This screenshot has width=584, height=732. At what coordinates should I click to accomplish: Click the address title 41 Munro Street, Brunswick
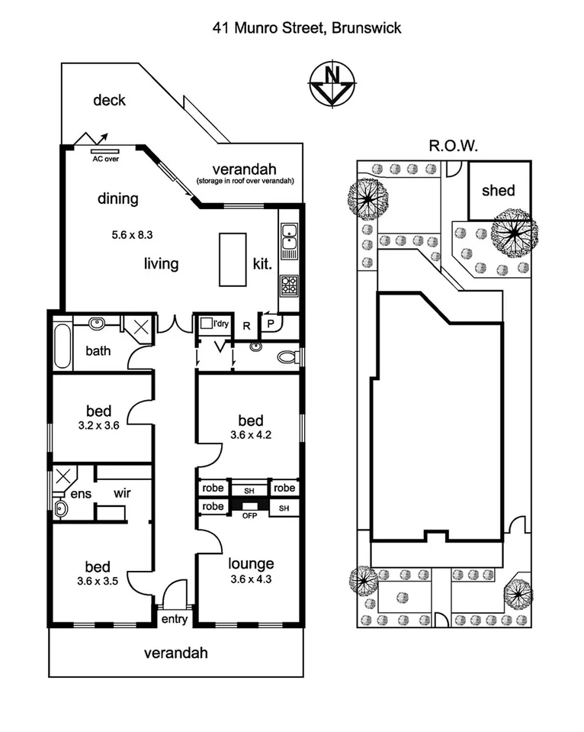(x=306, y=28)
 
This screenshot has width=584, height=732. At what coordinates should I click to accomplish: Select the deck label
(x=109, y=100)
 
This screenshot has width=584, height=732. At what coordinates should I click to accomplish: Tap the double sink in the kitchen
(x=289, y=237)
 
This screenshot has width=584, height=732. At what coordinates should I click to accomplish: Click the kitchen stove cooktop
(x=289, y=285)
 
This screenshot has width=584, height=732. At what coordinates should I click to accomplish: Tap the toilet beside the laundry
(x=287, y=356)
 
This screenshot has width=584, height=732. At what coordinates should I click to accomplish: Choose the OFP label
(x=248, y=516)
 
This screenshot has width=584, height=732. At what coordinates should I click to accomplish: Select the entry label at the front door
(x=175, y=619)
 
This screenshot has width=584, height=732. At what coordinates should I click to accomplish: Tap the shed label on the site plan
(x=498, y=191)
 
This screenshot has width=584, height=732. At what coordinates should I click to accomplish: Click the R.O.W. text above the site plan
(x=453, y=146)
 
